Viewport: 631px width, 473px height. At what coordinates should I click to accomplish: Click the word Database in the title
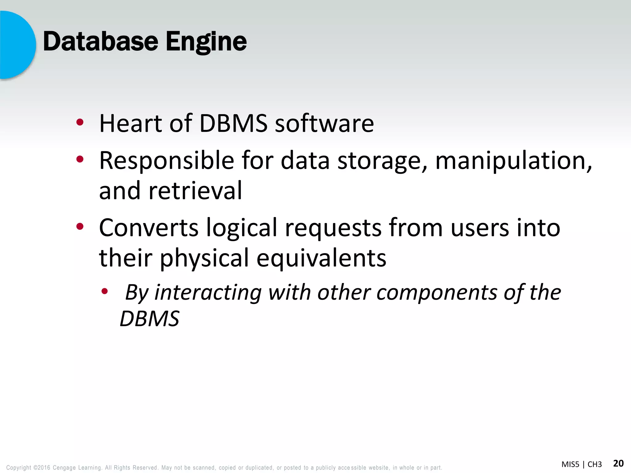point(100,42)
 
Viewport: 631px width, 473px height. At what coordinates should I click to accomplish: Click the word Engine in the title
point(206,42)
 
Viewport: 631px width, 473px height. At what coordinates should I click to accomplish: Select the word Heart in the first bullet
point(130,123)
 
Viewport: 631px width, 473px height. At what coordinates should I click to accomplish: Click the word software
point(324,123)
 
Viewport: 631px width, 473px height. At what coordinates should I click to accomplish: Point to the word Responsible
point(167,161)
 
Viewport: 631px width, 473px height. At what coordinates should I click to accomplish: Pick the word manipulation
point(513,161)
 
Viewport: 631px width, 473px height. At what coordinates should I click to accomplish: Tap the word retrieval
point(195,191)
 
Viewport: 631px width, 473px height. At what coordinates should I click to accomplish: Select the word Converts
point(149,228)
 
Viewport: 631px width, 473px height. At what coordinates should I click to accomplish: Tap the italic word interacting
point(208,293)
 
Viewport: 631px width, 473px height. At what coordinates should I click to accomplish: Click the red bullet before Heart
point(80,122)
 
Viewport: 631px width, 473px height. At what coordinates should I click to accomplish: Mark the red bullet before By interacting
point(105,291)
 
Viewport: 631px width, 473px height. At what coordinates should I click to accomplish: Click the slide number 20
point(618,463)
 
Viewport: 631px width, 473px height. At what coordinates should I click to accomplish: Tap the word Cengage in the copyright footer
point(64,467)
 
